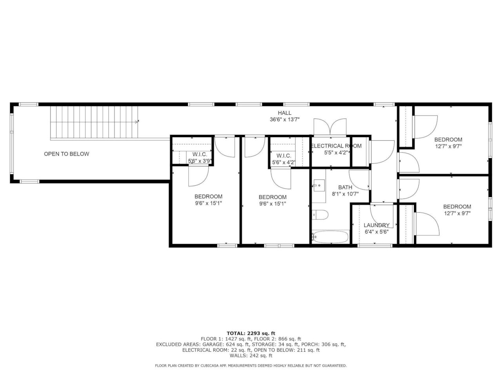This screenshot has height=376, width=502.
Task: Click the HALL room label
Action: coord(284,113)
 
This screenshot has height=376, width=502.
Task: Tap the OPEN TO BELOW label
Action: coord(66,154)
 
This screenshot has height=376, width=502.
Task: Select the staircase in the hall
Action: coord(94,122)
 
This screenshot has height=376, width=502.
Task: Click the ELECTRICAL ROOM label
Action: coord(336,146)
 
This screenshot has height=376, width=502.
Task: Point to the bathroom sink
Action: coord(319,185)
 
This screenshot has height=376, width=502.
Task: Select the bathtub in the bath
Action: coord(330,237)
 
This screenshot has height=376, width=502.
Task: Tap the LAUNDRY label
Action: coord(376,225)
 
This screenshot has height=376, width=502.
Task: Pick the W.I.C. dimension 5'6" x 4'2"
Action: coord(284,162)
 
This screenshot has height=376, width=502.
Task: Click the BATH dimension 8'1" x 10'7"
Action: coord(345,194)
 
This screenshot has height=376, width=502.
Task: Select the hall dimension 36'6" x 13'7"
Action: coord(284,120)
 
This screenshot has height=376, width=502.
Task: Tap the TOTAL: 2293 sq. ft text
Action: coord(251,333)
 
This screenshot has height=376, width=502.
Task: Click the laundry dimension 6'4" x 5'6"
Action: coord(376,232)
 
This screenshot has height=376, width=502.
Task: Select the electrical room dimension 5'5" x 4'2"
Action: coord(336,153)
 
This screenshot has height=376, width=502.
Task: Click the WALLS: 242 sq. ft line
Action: coord(251,356)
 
